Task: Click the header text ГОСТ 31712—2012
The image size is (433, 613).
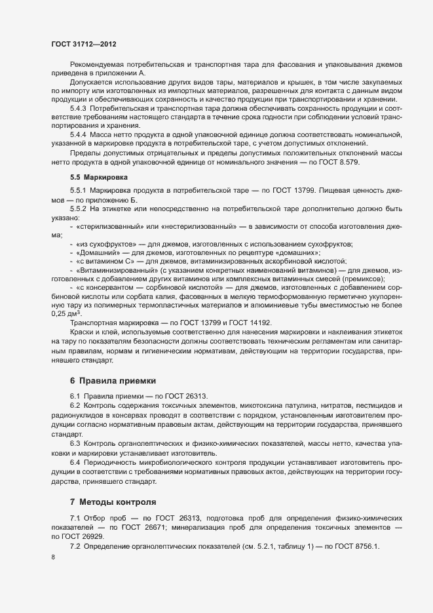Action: click(x=85, y=44)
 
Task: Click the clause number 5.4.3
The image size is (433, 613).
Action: click(x=78, y=107)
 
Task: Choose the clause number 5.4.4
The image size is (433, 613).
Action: click(x=78, y=134)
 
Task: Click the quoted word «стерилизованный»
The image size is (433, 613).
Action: click(x=107, y=226)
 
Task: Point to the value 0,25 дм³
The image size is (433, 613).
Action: click(x=65, y=313)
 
